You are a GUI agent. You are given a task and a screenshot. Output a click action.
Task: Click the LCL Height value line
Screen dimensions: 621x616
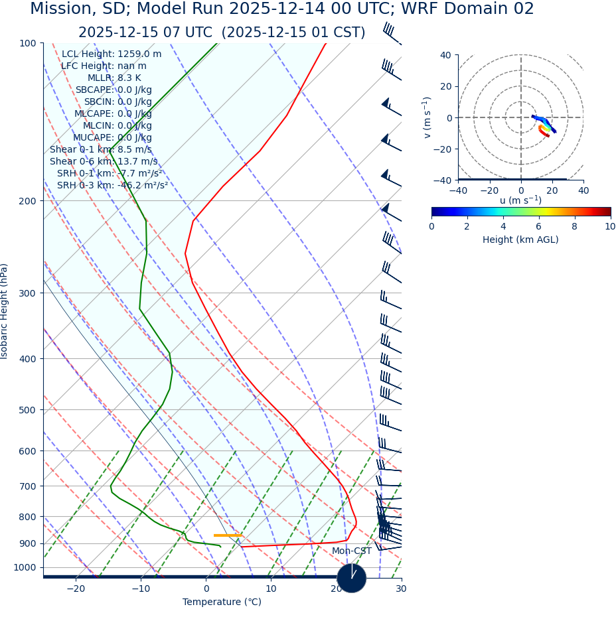click(x=112, y=54)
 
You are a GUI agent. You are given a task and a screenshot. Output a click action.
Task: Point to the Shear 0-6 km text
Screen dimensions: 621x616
click(x=104, y=162)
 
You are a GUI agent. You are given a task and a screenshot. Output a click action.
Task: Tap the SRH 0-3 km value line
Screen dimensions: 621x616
click(x=112, y=186)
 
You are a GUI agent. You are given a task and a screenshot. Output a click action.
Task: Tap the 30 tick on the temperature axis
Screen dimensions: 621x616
click(x=401, y=589)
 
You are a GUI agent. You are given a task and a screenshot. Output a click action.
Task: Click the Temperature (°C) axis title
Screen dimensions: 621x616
click(x=222, y=602)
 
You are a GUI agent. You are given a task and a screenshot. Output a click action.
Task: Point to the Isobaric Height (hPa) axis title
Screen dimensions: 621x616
click(x=5, y=311)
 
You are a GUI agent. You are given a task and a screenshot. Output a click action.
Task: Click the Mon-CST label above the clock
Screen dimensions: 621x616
click(x=352, y=551)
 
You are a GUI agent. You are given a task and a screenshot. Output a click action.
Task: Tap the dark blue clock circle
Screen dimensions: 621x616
click(x=352, y=578)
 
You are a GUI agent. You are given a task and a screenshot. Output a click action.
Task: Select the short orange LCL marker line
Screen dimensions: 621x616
click(x=228, y=535)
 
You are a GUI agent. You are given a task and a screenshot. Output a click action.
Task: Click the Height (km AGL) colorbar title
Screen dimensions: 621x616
click(x=520, y=240)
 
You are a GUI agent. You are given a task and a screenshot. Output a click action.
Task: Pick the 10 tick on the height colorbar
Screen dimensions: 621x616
click(x=610, y=227)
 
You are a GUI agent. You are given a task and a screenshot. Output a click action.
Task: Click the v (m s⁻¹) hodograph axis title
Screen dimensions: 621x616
click(x=427, y=117)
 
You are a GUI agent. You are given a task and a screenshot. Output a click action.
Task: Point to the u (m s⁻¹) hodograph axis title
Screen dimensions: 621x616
click(x=520, y=200)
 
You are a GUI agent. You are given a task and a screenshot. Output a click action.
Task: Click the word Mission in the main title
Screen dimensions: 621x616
click(x=60, y=9)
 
